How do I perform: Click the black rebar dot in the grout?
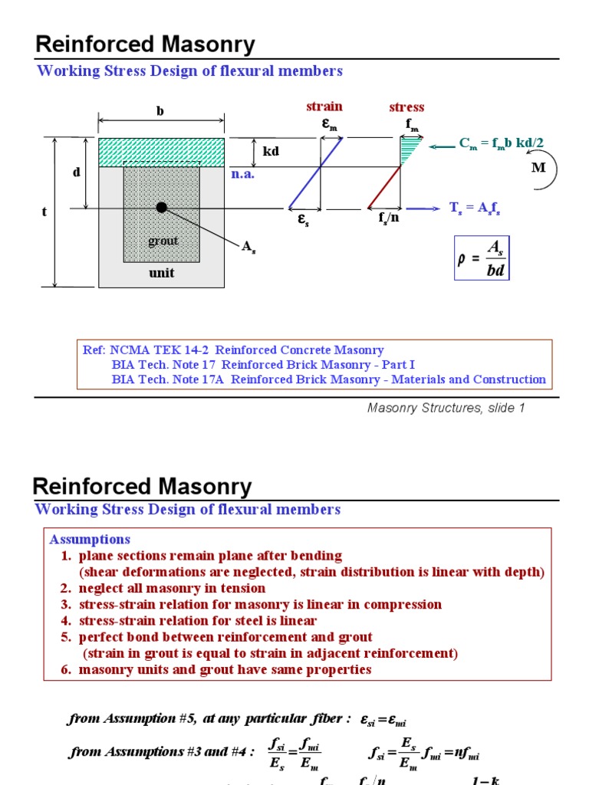[x=161, y=207]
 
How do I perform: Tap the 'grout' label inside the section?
[x=163, y=241]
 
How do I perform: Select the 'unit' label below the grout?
[x=161, y=273]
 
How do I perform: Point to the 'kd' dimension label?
[x=271, y=152]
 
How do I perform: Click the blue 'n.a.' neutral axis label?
[x=242, y=174]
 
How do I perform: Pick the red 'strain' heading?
[x=324, y=107]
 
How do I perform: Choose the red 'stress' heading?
[x=406, y=107]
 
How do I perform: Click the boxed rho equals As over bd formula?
[x=482, y=258]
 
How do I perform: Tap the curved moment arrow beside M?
[x=551, y=172]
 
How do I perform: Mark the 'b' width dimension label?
[x=160, y=111]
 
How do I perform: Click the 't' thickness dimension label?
[x=44, y=212]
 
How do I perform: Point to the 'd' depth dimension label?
[x=76, y=172]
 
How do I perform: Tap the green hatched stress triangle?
[x=408, y=149]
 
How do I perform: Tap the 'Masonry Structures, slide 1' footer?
[x=446, y=408]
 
